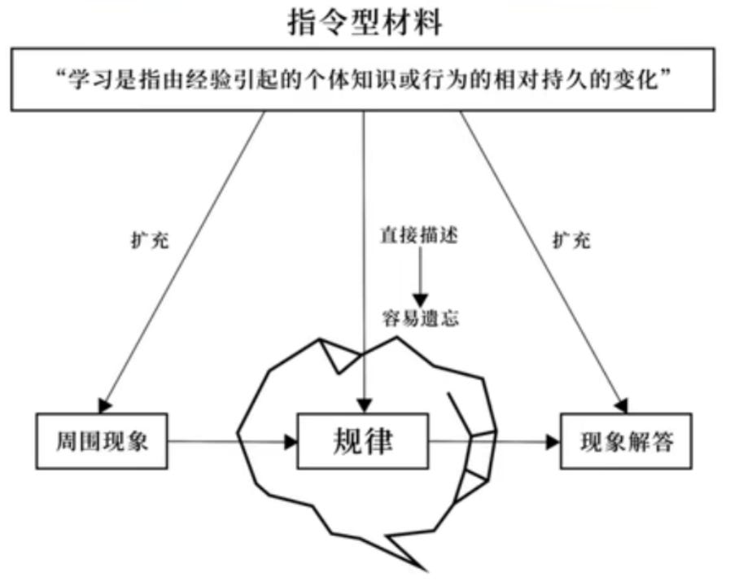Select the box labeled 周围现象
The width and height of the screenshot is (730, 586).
(102, 442)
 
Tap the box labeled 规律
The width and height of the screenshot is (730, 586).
(364, 441)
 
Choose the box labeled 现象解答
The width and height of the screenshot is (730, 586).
(627, 442)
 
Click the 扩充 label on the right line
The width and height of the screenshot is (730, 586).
(571, 241)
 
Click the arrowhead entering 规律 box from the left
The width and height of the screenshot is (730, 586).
(291, 442)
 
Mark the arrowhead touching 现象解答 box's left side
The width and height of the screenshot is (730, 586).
(553, 442)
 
